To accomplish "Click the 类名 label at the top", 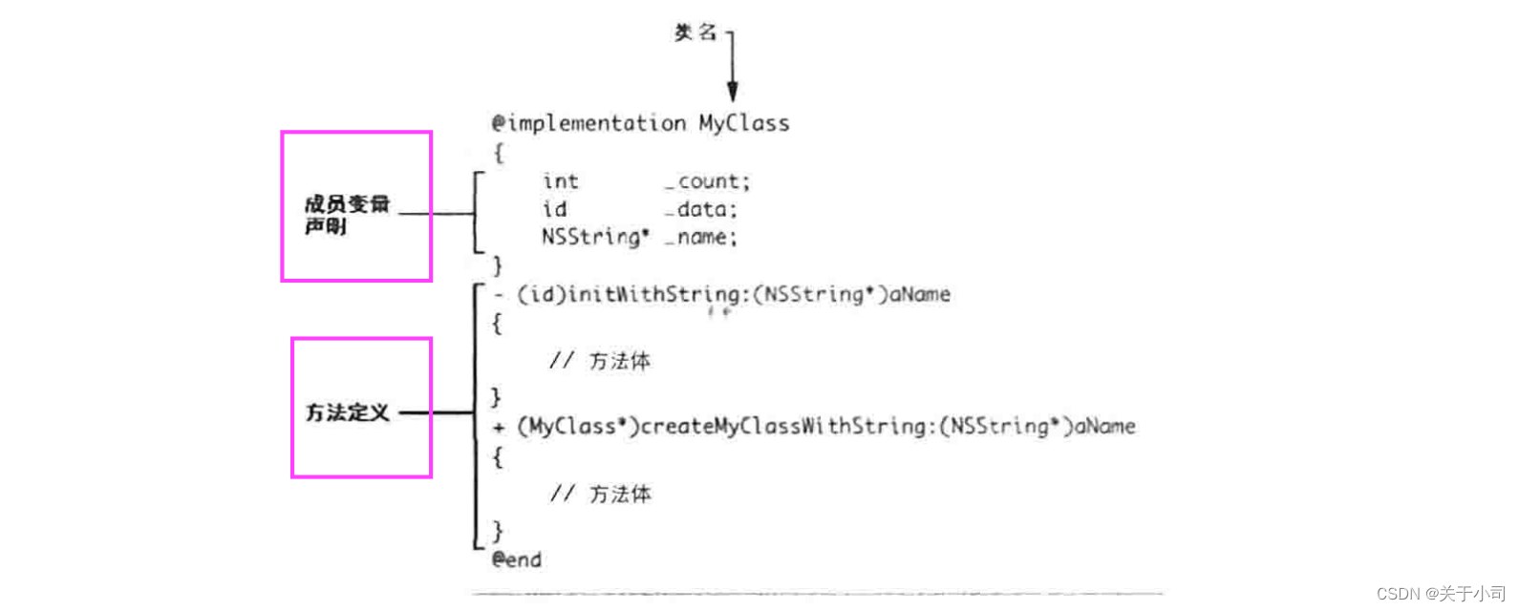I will click(695, 32).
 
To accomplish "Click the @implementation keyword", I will click(588, 123).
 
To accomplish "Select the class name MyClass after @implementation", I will click(744, 123).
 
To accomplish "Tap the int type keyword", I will click(561, 181).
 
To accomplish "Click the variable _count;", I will click(708, 181).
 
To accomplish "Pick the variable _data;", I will click(702, 209).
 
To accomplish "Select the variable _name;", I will click(702, 237).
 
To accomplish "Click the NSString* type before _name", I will click(595, 237).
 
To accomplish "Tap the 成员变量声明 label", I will click(346, 215).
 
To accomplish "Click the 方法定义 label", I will click(348, 412).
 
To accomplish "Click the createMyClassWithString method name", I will click(782, 426).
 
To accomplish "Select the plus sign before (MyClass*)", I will click(499, 427).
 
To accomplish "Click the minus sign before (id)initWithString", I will click(499, 295).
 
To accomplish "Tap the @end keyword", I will click(517, 559).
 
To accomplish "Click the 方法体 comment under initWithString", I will click(620, 361).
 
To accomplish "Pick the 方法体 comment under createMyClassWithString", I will click(620, 494).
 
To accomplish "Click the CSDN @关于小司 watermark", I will click(1441, 593).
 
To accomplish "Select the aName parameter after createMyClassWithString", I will click(1104, 426).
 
